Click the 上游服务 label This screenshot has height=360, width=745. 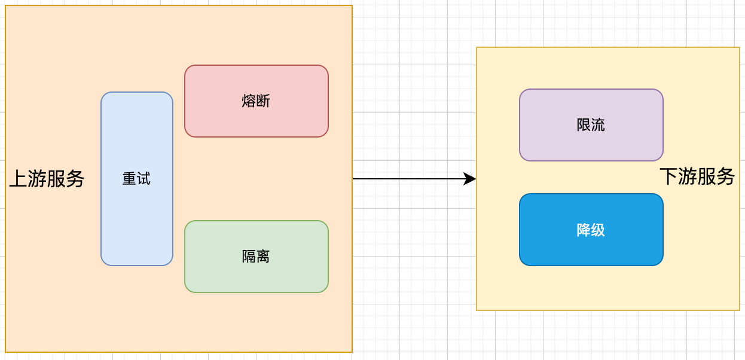coord(47,179)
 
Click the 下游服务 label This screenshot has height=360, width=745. coord(697,176)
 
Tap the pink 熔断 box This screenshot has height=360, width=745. coord(257,120)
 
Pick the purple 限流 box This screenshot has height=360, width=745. coord(591,144)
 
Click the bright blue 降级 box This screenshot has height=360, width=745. coord(591,248)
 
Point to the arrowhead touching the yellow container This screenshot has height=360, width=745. coord(470,179)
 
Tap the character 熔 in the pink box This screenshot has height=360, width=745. coord(249,101)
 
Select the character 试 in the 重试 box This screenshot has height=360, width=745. coord(144,179)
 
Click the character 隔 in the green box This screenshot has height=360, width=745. coord(249,257)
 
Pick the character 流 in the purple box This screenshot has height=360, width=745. coord(598,125)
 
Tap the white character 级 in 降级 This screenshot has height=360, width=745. coord(598,230)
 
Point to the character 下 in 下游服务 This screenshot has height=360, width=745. coord(668,176)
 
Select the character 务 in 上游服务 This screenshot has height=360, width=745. coord(75,179)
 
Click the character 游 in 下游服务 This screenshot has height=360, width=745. coord(688,176)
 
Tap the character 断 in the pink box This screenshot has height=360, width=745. coord(264,101)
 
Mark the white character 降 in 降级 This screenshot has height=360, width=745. coord(584,230)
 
